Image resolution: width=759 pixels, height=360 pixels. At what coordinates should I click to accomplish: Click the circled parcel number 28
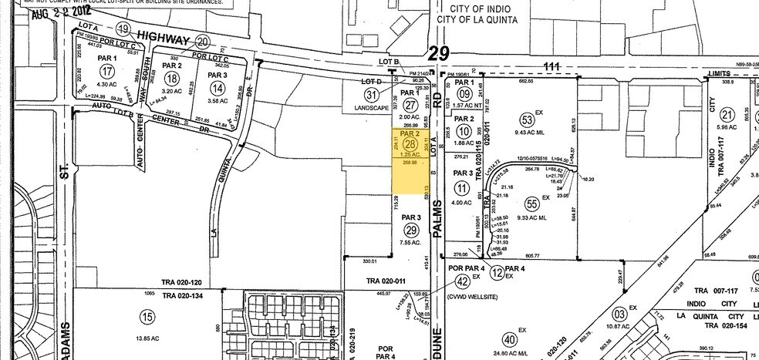click(410, 145)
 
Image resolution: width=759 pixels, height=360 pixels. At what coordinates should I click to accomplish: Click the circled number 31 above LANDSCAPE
click(372, 95)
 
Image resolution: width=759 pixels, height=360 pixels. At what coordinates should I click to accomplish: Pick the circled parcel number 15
click(147, 316)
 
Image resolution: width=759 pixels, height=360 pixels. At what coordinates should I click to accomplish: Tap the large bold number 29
click(439, 52)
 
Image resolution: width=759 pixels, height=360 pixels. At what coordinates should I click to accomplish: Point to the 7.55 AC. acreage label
click(411, 244)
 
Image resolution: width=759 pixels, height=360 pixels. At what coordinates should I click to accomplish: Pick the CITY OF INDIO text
click(470, 9)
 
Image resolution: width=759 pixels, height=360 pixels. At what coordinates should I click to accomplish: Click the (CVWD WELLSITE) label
click(474, 295)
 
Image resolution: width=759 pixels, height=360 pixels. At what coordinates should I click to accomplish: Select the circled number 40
click(509, 338)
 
